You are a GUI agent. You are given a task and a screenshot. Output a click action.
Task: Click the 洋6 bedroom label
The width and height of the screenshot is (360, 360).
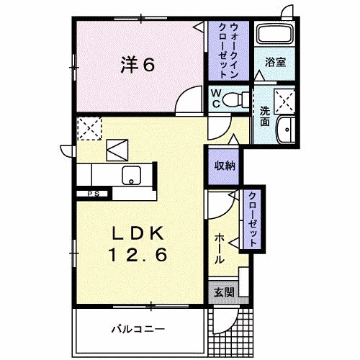(x=137, y=65)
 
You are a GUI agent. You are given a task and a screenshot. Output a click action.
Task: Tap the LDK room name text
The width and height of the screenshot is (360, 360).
(x=139, y=235)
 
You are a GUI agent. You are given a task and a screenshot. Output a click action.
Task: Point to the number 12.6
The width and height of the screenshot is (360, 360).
(x=139, y=254)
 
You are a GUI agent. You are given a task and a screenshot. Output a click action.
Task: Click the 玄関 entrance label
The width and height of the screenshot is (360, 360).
(x=223, y=292)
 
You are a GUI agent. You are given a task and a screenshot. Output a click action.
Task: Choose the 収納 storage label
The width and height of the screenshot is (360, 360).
(x=222, y=165)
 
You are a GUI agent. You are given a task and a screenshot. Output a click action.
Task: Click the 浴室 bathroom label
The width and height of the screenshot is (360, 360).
(x=275, y=62)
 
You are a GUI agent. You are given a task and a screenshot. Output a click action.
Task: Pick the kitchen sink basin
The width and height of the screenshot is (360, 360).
(x=131, y=175)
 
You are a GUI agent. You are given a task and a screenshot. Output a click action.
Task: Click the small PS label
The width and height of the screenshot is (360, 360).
(x=93, y=194)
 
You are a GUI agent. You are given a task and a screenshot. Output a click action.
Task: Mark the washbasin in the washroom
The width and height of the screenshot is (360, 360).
(x=285, y=130)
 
